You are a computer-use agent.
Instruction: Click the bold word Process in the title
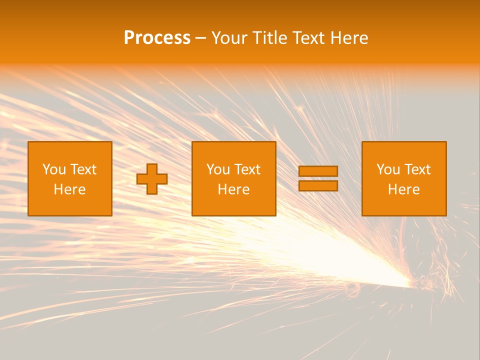(x=157, y=38)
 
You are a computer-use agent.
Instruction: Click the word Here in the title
(x=350, y=38)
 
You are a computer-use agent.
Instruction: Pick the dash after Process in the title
(x=200, y=38)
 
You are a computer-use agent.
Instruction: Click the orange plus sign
(x=152, y=179)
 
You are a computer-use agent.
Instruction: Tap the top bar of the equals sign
(x=318, y=171)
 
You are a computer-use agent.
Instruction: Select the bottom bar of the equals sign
(x=318, y=186)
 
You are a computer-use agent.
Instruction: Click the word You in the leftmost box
(x=54, y=169)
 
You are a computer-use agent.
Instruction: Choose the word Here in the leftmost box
(x=69, y=189)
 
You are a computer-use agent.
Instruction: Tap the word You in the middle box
(x=218, y=169)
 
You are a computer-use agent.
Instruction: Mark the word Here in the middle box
(x=233, y=189)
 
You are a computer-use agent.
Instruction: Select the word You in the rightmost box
(x=388, y=169)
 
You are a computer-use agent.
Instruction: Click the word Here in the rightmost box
(x=403, y=189)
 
